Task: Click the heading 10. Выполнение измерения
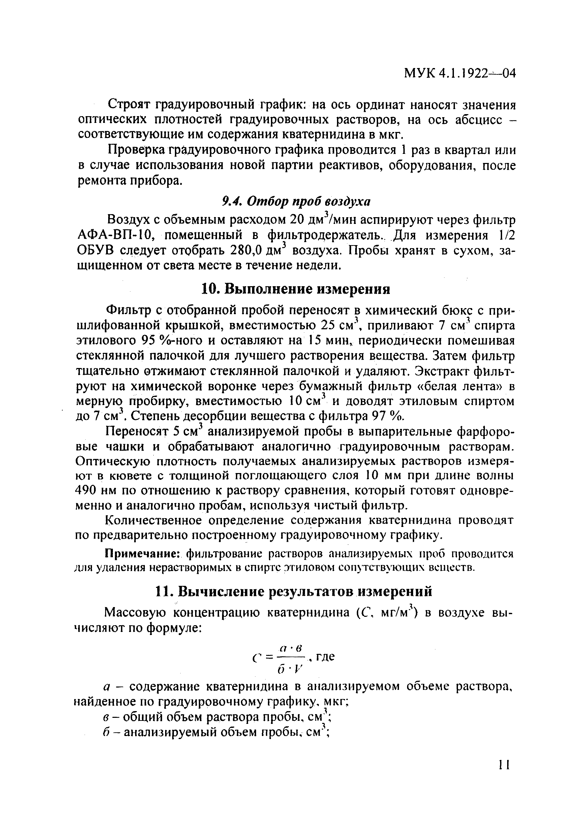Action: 296,289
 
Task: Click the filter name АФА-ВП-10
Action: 117,236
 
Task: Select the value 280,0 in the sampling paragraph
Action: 246,251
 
